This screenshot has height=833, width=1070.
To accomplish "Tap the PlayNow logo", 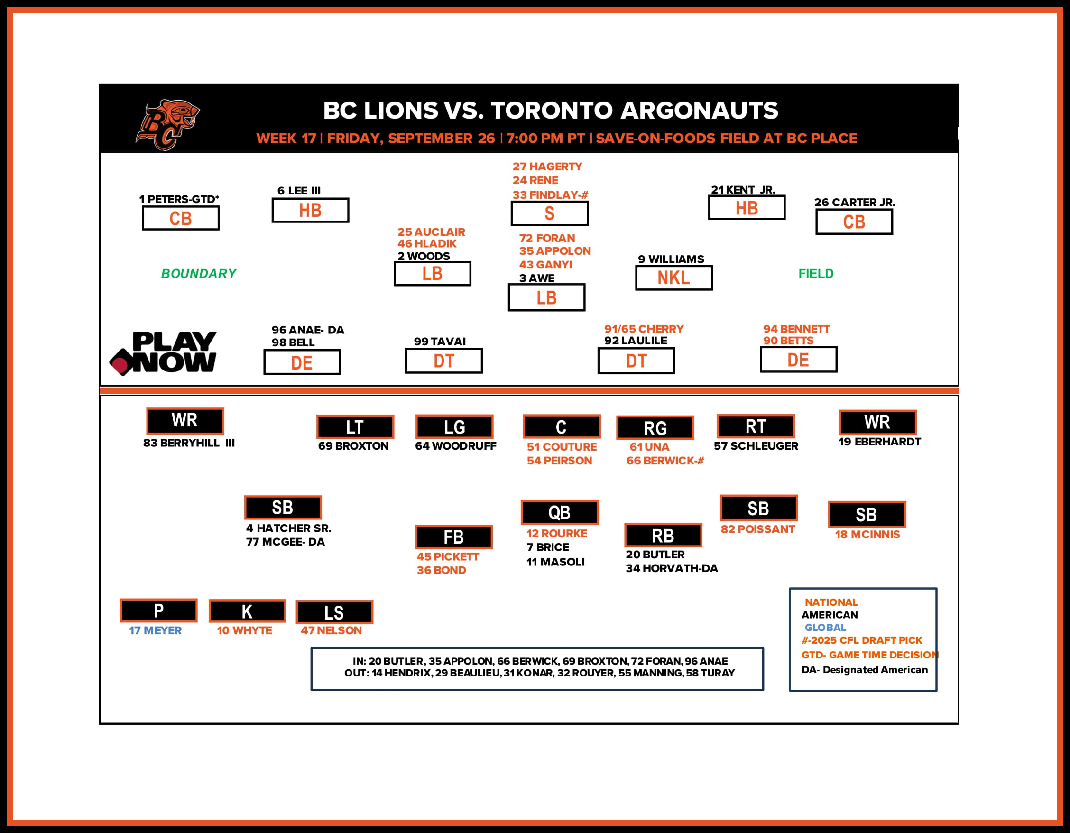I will (x=163, y=353).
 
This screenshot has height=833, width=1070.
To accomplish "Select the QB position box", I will (x=560, y=512).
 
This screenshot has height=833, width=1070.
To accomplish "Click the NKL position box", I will (x=673, y=278).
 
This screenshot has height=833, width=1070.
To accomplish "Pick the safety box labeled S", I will (x=549, y=213).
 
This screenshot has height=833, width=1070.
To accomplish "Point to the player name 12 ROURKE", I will (x=556, y=534).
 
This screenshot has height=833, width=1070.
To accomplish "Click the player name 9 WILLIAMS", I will (x=671, y=259).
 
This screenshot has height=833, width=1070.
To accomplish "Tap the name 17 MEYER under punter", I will (x=155, y=630).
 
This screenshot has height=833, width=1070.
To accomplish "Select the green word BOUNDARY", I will (x=198, y=273).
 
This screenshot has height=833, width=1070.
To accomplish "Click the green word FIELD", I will (x=816, y=273).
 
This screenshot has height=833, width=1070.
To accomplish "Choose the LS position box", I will (x=334, y=612).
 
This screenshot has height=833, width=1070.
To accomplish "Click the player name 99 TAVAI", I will (x=440, y=342).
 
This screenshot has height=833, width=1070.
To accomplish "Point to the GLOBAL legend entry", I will (x=826, y=628).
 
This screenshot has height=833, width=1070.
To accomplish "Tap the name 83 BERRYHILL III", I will (x=189, y=443).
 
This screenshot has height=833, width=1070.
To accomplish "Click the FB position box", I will (x=454, y=537).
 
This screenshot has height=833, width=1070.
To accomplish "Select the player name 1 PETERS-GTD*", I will (x=179, y=199).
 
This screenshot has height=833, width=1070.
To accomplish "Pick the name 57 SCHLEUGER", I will (x=756, y=446).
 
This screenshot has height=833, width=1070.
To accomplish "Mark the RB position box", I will (x=663, y=536).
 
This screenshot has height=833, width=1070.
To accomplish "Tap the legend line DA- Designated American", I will (x=865, y=670).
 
